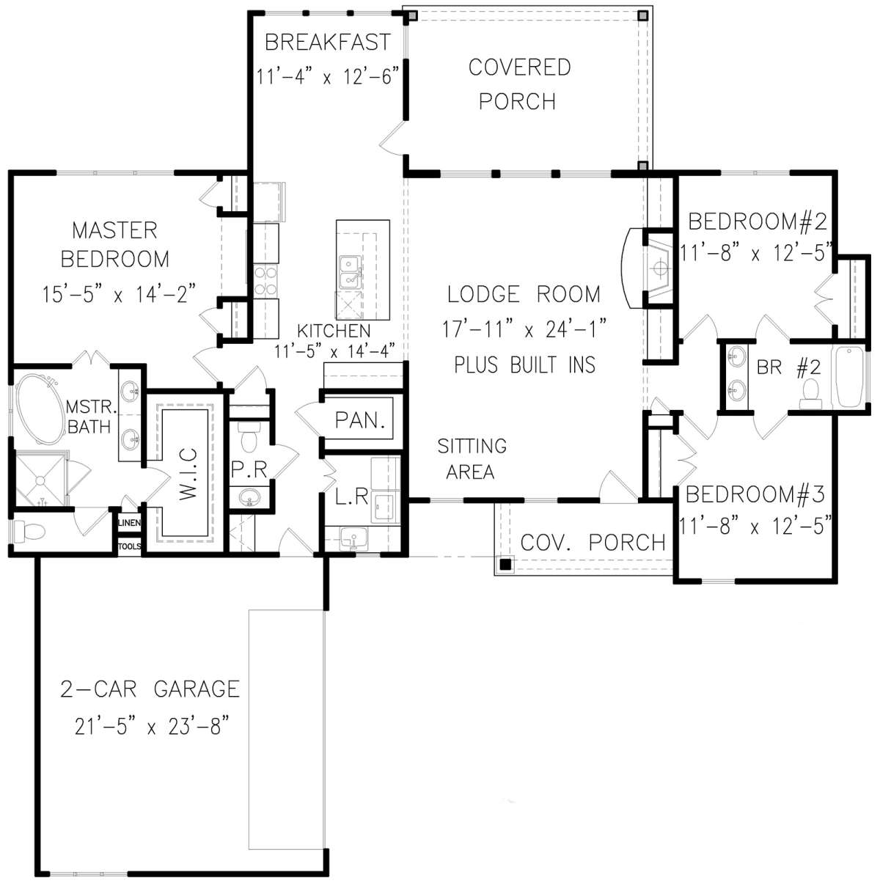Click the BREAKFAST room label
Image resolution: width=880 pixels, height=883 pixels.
pos(328,42)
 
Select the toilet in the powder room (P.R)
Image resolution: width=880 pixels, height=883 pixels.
pos(249,436)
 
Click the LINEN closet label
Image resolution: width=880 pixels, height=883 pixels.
pos(129,523)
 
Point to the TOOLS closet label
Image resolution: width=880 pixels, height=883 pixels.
pos(129,546)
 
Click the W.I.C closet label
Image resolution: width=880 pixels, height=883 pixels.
pos(188,474)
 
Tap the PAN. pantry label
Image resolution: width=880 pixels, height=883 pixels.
pos(360,420)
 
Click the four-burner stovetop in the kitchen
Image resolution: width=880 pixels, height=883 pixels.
pos(265,280)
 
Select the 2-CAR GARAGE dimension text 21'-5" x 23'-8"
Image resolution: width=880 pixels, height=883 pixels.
pos(152,725)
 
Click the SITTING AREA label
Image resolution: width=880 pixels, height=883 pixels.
pos(472,458)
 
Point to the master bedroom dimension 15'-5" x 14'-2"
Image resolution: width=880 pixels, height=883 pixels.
pos(119,294)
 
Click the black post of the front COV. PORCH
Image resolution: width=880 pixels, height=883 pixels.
pos(505,565)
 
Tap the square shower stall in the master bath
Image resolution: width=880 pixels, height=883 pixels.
pos(40,480)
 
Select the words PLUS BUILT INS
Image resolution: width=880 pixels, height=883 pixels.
pos(525,364)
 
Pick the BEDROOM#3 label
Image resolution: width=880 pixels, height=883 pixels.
pos(755,494)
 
